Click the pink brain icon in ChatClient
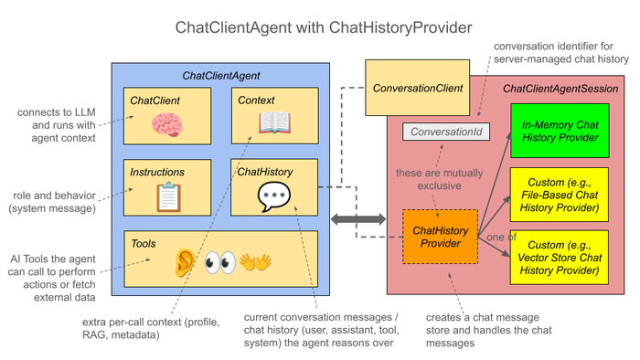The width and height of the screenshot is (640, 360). tap(167, 124)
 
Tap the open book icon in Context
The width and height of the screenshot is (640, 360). tap(274, 122)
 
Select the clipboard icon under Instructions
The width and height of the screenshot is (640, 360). tap(168, 197)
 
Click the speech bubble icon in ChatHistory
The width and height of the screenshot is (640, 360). tap(274, 196)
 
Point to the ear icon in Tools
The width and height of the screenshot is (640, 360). tap(185, 262)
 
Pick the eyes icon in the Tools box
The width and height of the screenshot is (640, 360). tap(220, 262)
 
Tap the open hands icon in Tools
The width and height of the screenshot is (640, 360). tap(255, 262)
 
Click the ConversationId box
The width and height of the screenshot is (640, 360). tap(446, 132)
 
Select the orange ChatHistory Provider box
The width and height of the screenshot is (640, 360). tap(440, 237)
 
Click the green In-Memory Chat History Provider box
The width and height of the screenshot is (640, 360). tap(560, 131)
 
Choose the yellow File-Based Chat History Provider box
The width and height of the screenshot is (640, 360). tap(560, 195)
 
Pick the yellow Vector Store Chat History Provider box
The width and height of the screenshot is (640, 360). tap(560, 258)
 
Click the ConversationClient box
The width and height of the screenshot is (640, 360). tap(417, 88)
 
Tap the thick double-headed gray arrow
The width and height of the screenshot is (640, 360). tap(358, 219)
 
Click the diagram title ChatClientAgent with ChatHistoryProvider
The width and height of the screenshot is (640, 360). tap(324, 27)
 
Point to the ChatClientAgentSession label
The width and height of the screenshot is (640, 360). tap(560, 89)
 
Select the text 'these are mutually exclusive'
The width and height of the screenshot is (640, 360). tap(439, 179)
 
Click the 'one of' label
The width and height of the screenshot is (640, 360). tap(502, 237)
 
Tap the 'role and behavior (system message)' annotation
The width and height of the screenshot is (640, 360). tap(52, 202)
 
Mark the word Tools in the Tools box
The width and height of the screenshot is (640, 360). tap(144, 243)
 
